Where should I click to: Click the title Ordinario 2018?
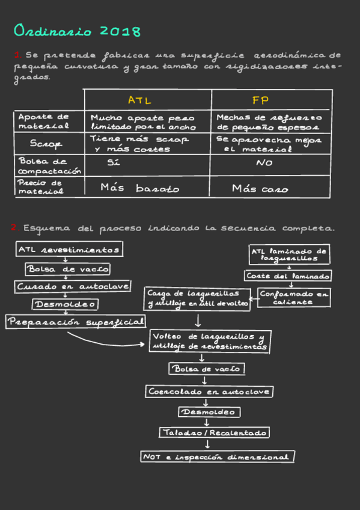pyautogui.click(x=77, y=31)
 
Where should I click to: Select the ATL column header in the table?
pyautogui.click(x=139, y=100)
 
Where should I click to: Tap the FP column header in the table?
pyautogui.click(x=260, y=100)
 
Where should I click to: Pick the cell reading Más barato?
pyautogui.click(x=139, y=188)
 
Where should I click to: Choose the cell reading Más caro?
pyautogui.click(x=260, y=189)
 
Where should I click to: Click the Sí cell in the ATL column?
pyautogui.click(x=114, y=163)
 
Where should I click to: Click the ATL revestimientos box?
pyautogui.click(x=70, y=249)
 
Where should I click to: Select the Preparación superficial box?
pyautogui.click(x=76, y=322)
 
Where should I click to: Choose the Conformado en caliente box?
pyautogui.click(x=294, y=298)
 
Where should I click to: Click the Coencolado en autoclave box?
pyautogui.click(x=210, y=392)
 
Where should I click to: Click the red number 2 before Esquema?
pyautogui.click(x=13, y=229)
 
